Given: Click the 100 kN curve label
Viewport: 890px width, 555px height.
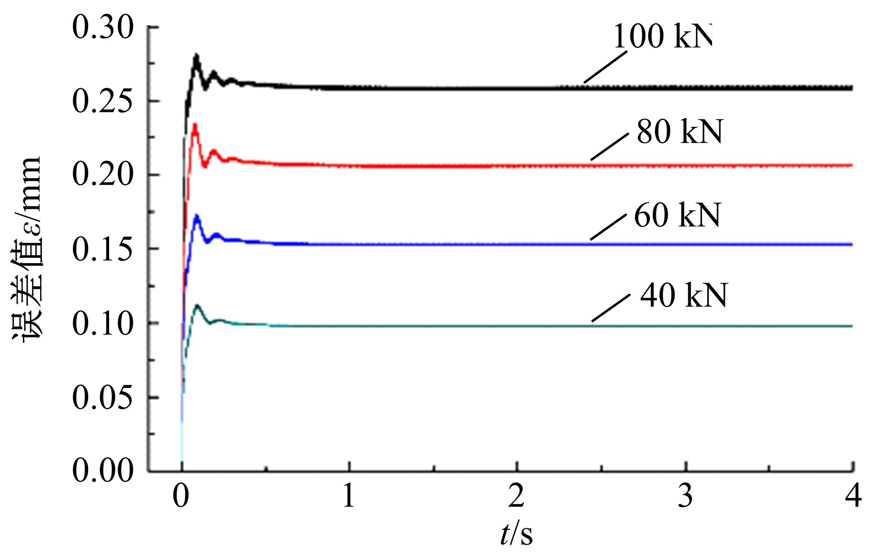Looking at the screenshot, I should [662, 36].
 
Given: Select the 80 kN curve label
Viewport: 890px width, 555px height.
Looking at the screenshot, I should [679, 132].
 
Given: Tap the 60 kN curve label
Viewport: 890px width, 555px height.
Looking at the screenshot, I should [677, 215].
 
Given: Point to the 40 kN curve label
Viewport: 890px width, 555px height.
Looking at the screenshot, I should [683, 296].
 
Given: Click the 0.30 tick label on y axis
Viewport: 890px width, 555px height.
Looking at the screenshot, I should [103, 28].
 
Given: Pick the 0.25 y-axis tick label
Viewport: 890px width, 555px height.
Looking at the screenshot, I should [103, 102].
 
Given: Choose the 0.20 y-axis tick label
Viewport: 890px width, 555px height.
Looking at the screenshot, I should [103, 175].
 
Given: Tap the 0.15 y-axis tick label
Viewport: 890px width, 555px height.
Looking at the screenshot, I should [103, 249].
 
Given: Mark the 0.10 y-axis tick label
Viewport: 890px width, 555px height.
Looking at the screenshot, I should [103, 323].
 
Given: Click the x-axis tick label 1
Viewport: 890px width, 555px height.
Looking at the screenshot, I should [349, 496].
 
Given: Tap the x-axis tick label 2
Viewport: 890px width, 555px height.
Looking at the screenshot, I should [517, 496].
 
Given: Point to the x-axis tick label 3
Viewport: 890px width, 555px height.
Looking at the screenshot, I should [685, 496].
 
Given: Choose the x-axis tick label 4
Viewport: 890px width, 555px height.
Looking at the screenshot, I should [853, 496].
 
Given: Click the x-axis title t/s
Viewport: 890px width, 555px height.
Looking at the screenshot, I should [516, 534].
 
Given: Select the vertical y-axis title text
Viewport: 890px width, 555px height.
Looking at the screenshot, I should [27, 250].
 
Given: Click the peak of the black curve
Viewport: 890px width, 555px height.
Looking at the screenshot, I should [196, 56].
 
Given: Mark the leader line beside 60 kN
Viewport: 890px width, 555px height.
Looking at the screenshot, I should [608, 227].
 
